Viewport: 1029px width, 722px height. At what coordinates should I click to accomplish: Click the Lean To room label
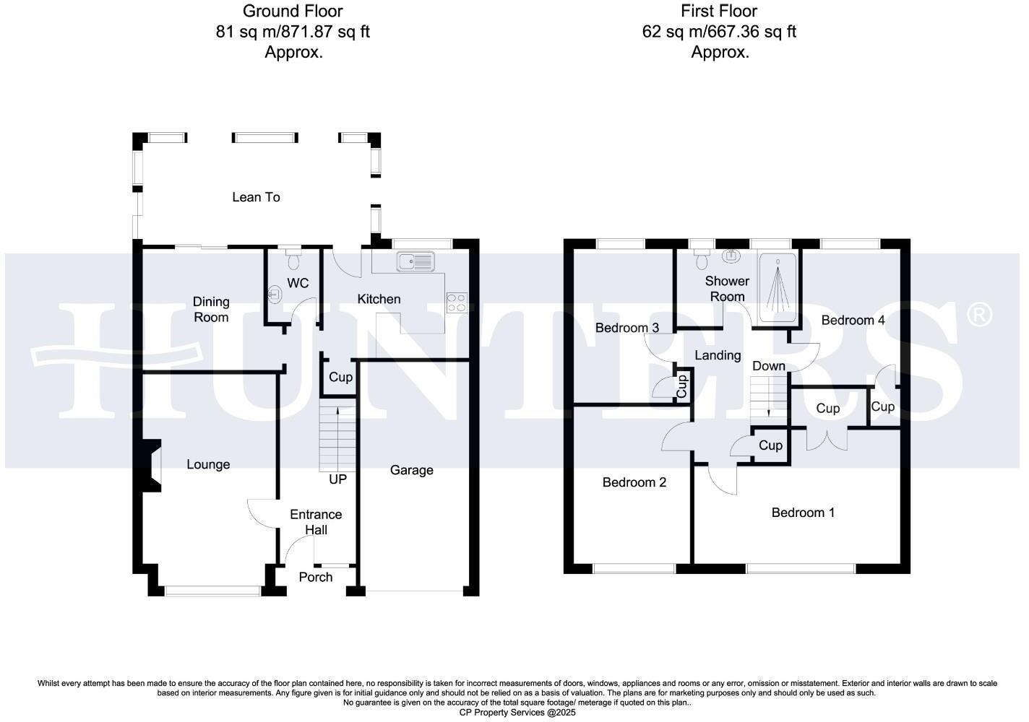point(256,197)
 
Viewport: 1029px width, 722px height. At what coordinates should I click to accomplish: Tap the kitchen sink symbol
point(414,261)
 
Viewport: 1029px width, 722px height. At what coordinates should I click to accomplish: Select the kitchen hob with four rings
point(457,302)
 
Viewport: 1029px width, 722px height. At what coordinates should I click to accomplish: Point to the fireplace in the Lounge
point(152,466)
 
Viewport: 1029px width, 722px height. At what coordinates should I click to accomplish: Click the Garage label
point(411,470)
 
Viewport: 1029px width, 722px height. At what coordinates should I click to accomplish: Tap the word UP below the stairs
point(337,479)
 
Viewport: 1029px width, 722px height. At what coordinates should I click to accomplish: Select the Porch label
point(316,577)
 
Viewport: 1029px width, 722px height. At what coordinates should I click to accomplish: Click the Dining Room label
point(211,309)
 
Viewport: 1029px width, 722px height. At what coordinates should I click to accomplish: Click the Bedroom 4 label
point(853,320)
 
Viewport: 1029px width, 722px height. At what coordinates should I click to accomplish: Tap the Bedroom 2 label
point(634,482)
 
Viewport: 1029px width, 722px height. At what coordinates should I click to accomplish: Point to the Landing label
point(718,355)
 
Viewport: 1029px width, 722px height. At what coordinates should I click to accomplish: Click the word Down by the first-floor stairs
point(768,366)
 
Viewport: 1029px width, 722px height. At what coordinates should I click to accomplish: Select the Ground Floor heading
point(293,11)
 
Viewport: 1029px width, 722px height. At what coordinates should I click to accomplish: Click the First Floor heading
point(719,11)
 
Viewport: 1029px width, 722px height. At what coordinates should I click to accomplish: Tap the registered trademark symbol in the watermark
point(979,314)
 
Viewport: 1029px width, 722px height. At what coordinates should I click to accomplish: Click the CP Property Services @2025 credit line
point(517,713)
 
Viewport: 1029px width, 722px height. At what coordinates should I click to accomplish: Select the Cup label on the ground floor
point(340,377)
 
